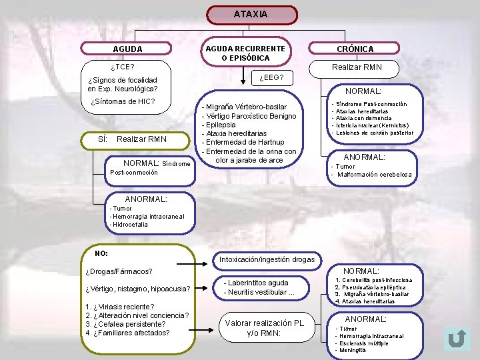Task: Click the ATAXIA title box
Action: (251, 14)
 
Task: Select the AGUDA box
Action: (127, 49)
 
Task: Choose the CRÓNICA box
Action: (355, 49)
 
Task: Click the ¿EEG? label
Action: (272, 79)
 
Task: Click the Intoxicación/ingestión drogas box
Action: (267, 259)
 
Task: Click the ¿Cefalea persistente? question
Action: (126, 324)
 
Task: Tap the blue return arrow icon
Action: (457, 339)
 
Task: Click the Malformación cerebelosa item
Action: (375, 175)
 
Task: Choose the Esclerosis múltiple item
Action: (364, 343)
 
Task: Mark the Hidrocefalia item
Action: (130, 225)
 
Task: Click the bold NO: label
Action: (101, 253)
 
